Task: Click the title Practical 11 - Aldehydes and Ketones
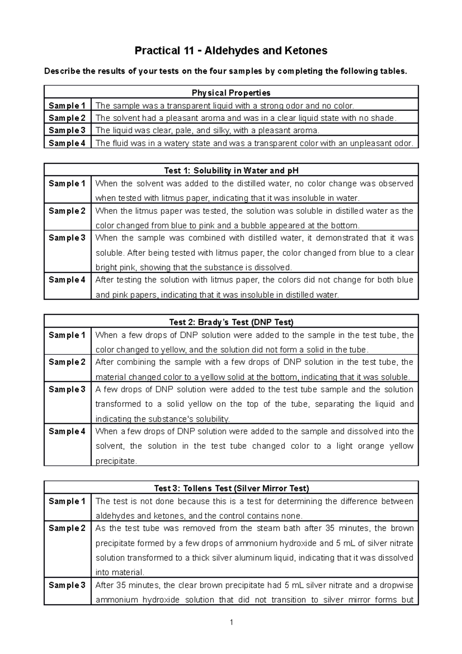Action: pos(231,50)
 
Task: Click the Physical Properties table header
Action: pos(231,93)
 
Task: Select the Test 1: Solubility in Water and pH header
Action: pos(231,171)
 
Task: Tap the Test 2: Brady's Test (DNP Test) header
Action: pos(231,322)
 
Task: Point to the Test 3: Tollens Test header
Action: pos(231,488)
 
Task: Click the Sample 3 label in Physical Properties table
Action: pos(67,131)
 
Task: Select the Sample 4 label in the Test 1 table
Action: pos(67,280)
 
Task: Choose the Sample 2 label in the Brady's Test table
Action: pos(67,362)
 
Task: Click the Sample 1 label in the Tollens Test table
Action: pos(67,501)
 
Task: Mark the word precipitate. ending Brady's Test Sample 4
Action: pos(116,461)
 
